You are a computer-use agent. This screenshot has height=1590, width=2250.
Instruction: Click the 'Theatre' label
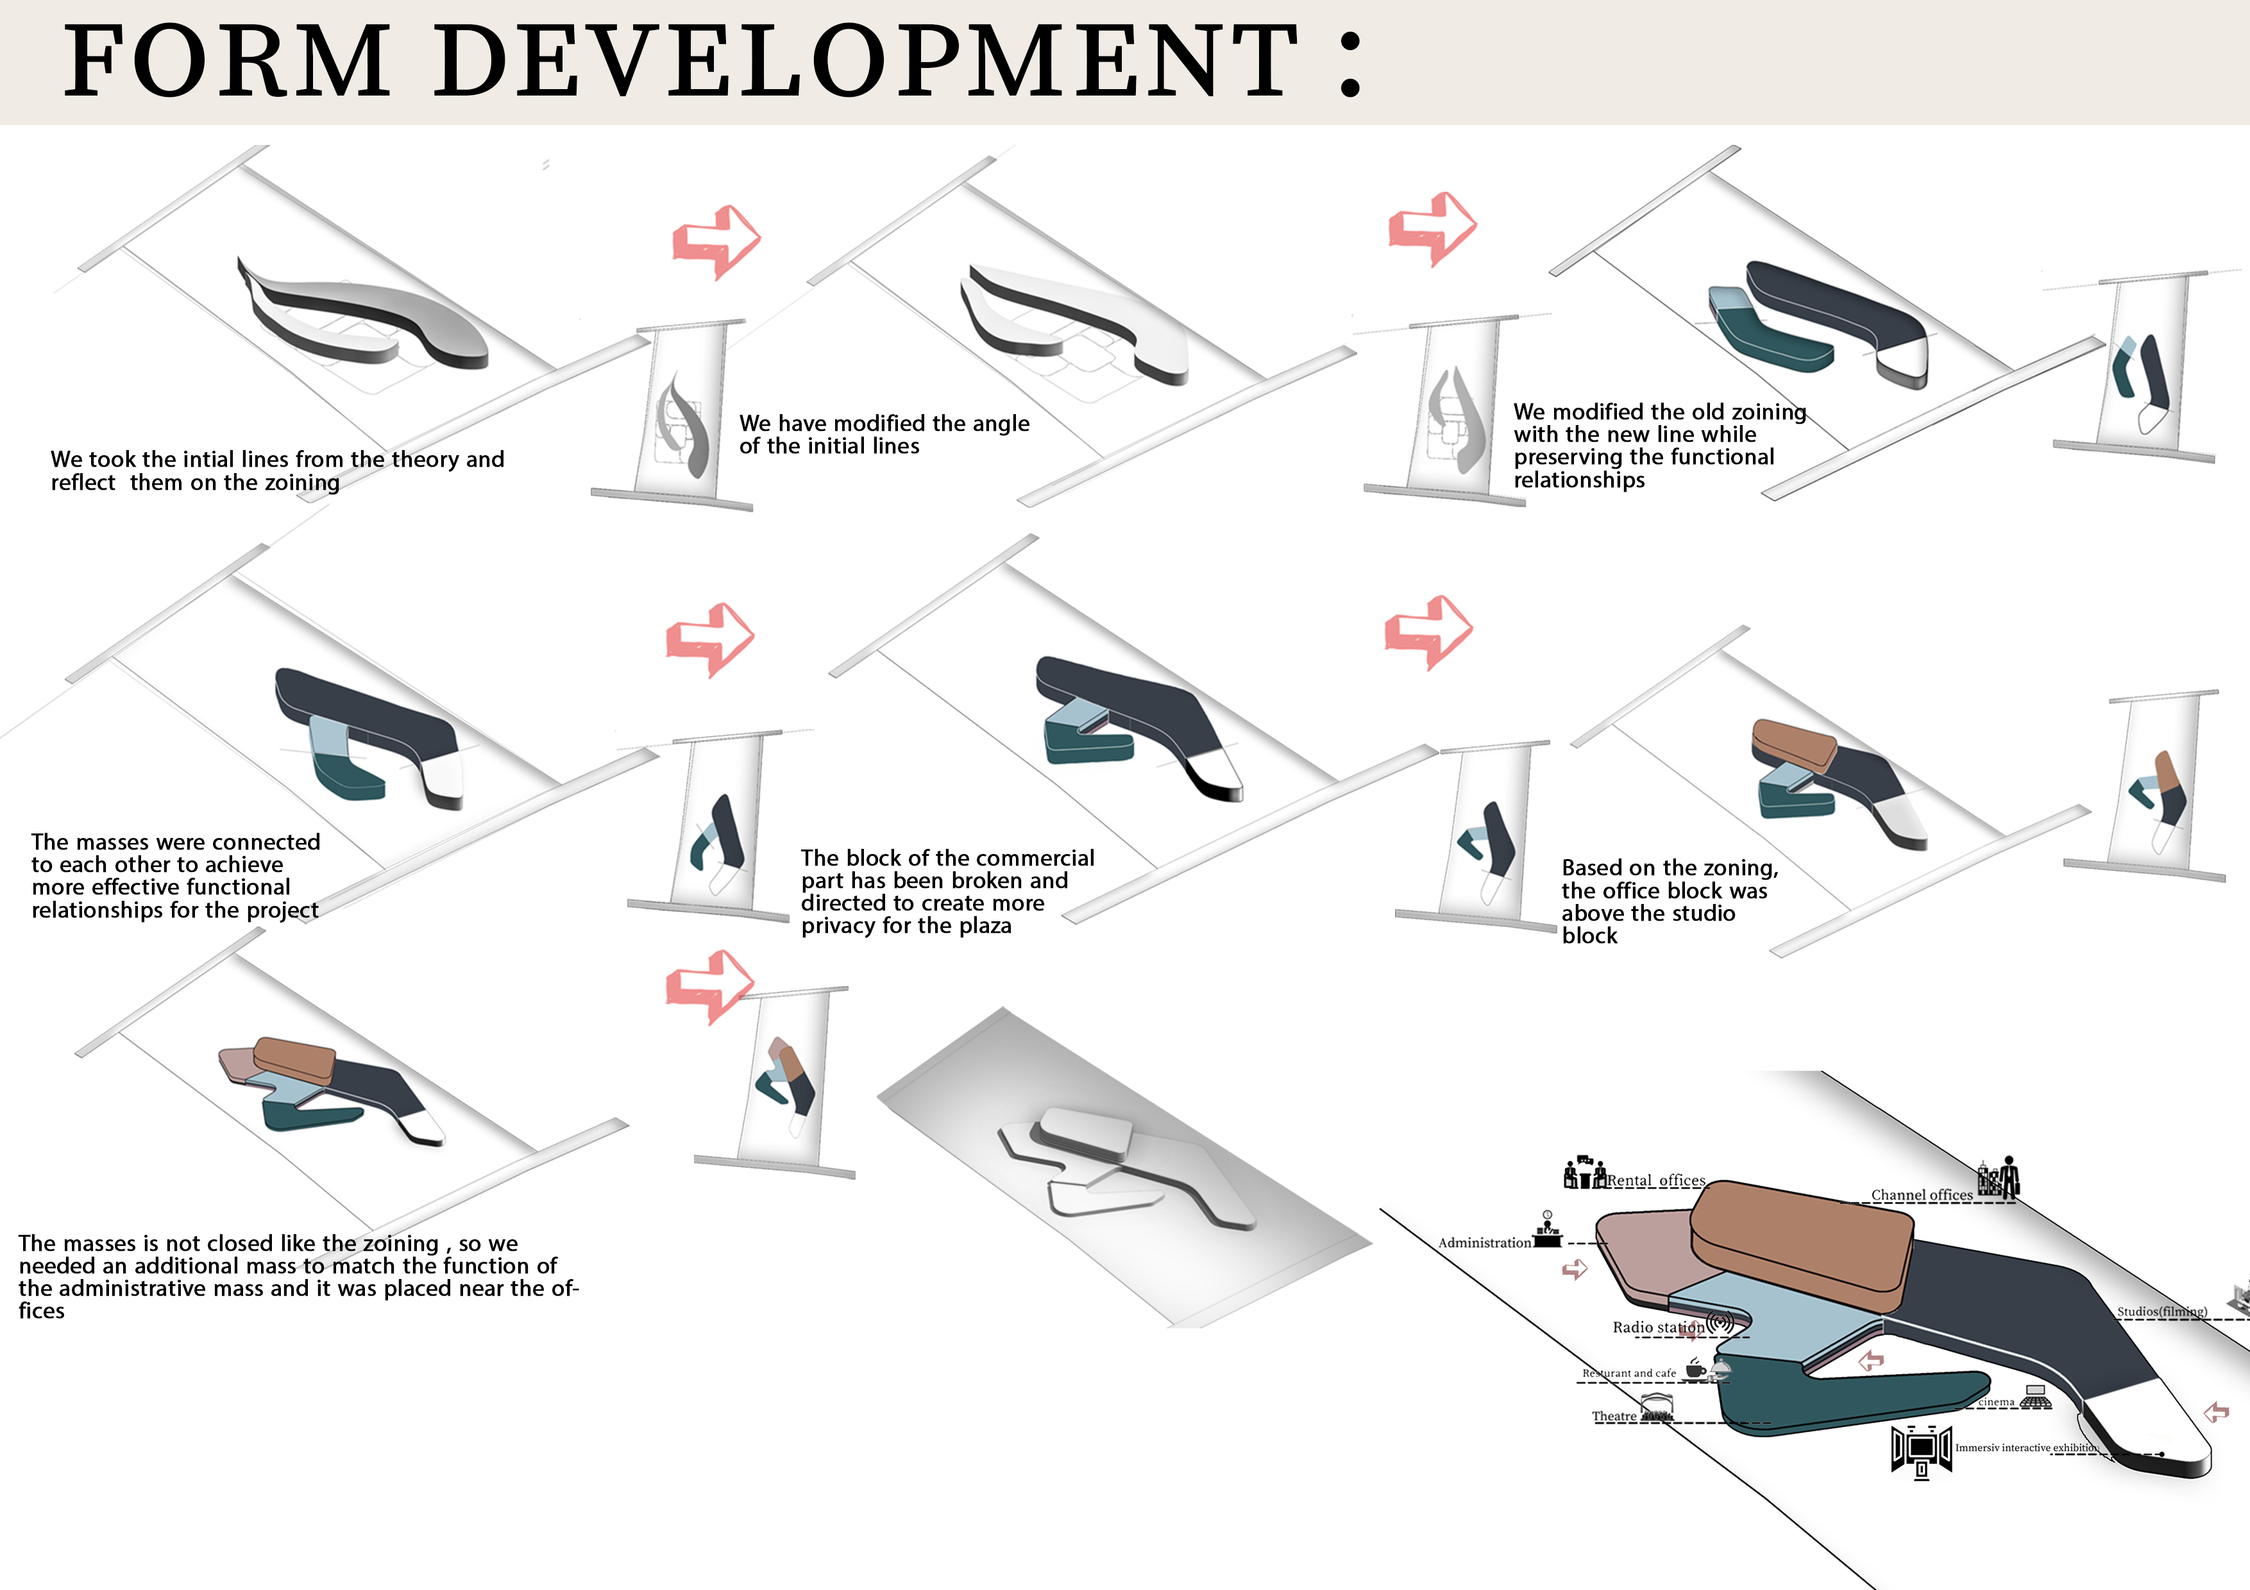[x=1614, y=1417]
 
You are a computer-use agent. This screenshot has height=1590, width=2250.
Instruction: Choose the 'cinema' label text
[x=1995, y=1402]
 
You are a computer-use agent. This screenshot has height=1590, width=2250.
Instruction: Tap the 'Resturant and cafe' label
[x=1628, y=1373]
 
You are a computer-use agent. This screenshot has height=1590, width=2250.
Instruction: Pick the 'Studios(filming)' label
[x=2161, y=1312]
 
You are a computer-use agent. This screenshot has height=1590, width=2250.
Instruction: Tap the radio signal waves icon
[x=1721, y=1323]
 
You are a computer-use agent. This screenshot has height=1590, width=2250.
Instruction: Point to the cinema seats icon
[x=2035, y=1400]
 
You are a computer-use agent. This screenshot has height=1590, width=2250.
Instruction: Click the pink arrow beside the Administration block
[x=1574, y=1269]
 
